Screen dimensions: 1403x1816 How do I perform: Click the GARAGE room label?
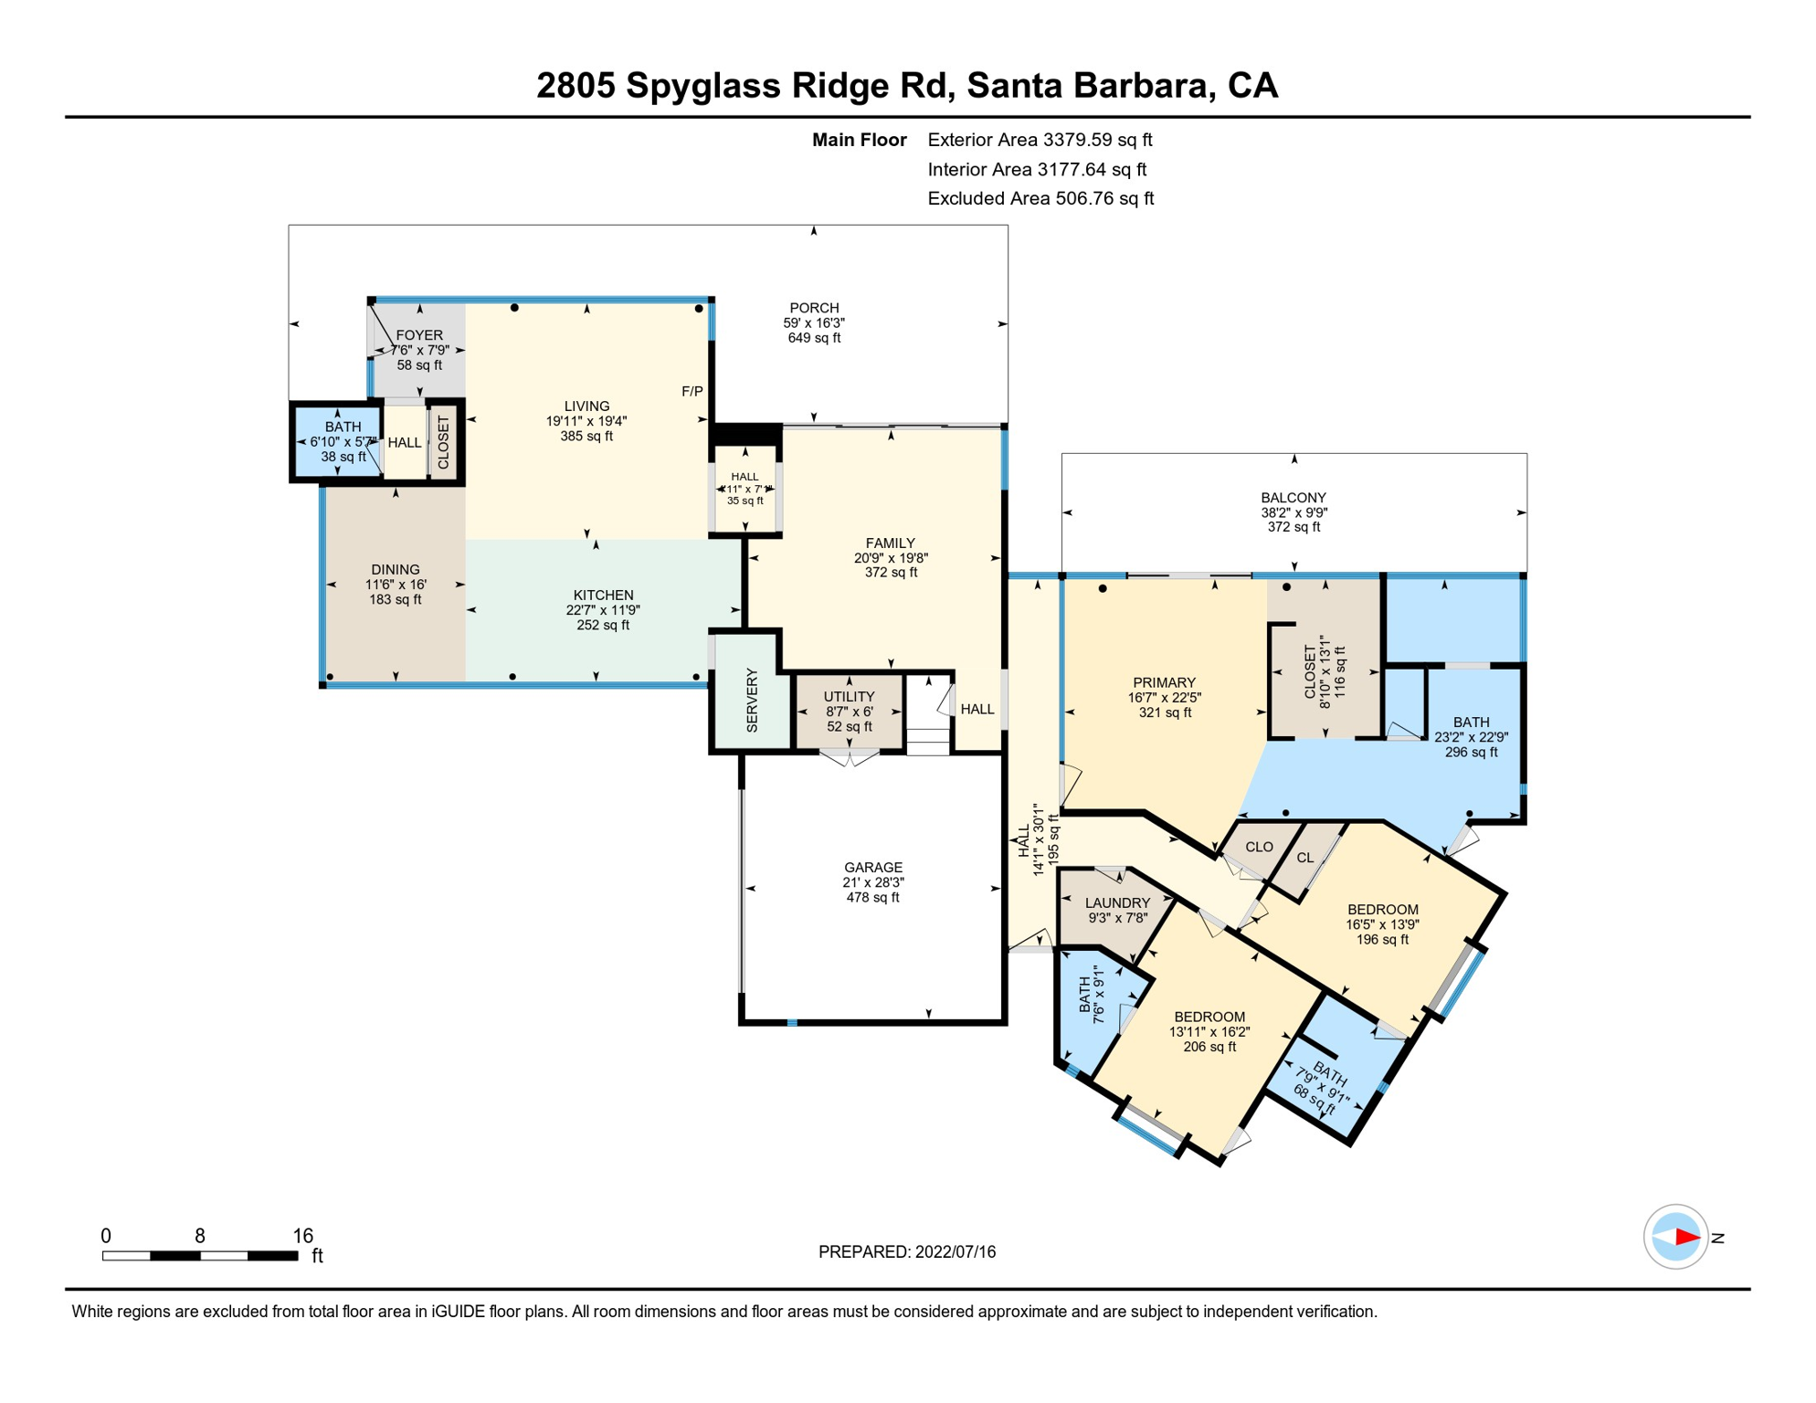[872, 867]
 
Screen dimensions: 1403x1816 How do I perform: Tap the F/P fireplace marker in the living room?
[692, 392]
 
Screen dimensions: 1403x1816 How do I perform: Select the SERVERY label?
[752, 700]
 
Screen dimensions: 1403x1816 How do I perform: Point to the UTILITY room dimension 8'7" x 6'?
[849, 712]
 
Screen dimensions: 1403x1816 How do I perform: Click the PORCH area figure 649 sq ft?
[814, 338]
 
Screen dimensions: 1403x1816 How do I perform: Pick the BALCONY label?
[1293, 498]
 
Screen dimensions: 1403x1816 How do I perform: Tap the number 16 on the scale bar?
[302, 1235]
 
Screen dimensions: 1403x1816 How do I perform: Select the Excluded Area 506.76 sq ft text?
[1040, 198]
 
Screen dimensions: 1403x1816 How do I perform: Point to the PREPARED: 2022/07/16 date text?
[906, 1251]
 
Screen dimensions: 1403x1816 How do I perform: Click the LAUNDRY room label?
[1117, 902]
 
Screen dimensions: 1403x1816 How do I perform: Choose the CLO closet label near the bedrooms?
[1259, 847]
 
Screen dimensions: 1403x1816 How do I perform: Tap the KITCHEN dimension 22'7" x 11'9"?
[603, 610]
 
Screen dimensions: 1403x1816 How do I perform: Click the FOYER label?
[419, 335]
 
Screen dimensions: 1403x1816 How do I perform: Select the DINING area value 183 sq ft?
[395, 599]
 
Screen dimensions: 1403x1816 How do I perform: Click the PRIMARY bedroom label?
[1164, 682]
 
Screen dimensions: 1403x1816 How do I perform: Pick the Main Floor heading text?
[859, 140]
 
